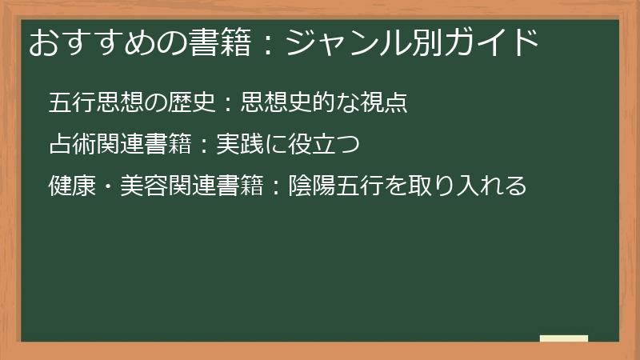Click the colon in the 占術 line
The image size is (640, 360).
[203, 146]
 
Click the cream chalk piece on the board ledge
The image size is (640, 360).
[563, 338]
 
